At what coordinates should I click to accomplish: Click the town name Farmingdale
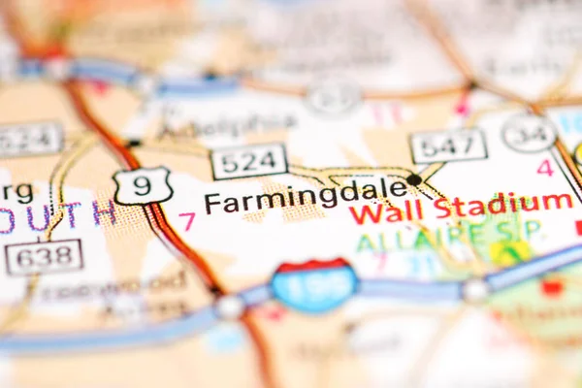[x=306, y=197]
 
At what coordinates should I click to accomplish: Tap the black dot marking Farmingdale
[x=414, y=179]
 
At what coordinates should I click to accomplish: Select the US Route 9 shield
[x=142, y=185]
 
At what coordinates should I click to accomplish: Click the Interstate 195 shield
[x=313, y=286]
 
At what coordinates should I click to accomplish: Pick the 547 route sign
[x=447, y=145]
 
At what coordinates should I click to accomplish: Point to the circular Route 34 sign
[x=530, y=133]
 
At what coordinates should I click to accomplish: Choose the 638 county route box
[x=44, y=257]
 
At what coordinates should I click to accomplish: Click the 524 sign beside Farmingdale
[x=249, y=161]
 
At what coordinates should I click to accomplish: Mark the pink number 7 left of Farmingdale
[x=187, y=221]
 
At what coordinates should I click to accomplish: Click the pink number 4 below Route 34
[x=545, y=167]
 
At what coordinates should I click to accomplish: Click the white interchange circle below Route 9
[x=230, y=307]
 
